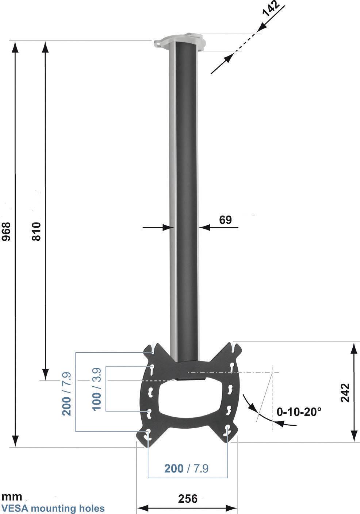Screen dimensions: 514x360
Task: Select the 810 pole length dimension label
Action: point(37,231)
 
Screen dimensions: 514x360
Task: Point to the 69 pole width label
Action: point(225,220)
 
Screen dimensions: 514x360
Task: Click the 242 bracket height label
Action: point(345,393)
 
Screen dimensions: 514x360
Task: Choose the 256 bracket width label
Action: point(188,498)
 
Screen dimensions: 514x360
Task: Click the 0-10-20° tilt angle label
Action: point(299,412)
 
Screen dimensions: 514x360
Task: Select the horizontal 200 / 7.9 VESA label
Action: point(186,468)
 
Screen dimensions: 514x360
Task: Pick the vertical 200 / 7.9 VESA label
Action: point(67,394)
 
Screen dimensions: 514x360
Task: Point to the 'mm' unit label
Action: point(12,497)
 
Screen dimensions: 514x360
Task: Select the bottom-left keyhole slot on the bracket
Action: point(148,434)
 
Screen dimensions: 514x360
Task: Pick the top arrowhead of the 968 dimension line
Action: point(15,46)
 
